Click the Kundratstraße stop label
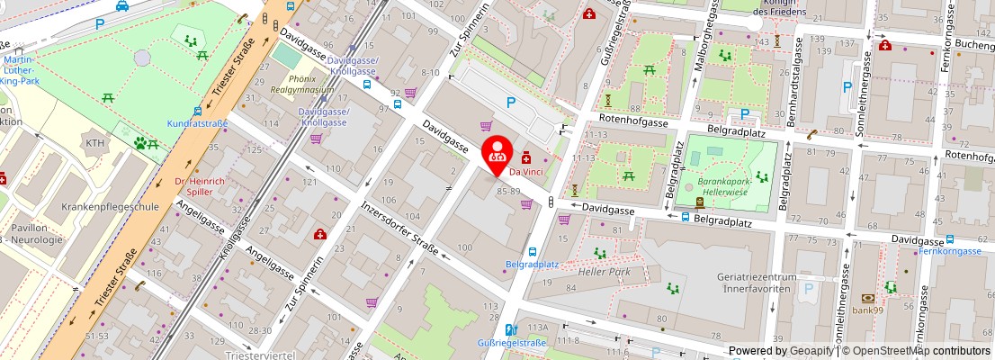click(x=197, y=122)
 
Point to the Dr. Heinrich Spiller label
click(x=199, y=186)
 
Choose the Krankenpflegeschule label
click(x=110, y=206)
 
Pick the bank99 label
click(x=868, y=310)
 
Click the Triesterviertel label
click(x=261, y=355)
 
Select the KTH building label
click(x=94, y=143)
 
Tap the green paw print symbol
click(x=140, y=141)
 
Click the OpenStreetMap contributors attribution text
click(x=915, y=351)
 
